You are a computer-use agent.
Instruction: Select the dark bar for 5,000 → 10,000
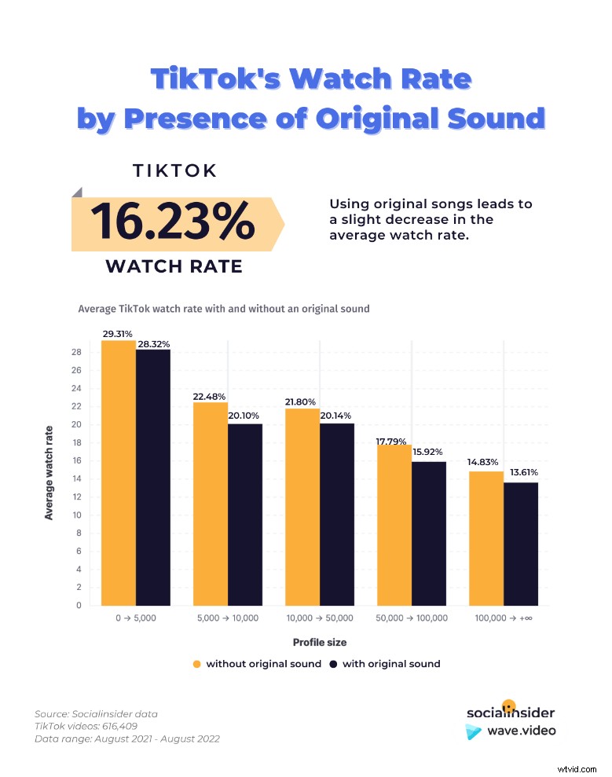tap(245, 515)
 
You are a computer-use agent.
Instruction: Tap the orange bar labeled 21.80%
tap(302, 507)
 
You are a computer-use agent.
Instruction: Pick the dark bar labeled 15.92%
tap(429, 533)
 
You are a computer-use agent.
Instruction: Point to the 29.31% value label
tap(117, 334)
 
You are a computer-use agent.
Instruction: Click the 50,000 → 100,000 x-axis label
tap(412, 618)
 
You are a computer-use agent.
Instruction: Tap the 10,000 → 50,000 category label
tap(320, 618)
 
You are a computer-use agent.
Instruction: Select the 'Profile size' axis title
tap(319, 642)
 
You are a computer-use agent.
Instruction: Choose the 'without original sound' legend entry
tap(257, 664)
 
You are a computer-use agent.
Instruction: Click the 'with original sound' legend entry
tap(385, 664)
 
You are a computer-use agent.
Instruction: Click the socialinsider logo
tap(510, 712)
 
